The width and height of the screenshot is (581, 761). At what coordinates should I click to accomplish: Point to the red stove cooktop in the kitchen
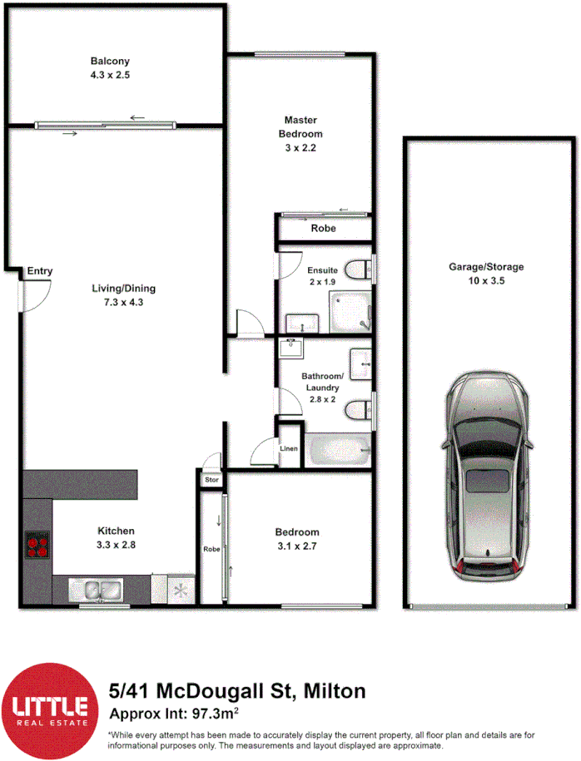coord(37,544)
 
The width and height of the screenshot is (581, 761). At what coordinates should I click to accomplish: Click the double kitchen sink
coord(97,589)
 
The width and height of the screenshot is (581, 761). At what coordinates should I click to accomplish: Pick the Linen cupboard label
coord(289,449)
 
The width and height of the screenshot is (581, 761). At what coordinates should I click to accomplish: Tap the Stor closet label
coord(211,480)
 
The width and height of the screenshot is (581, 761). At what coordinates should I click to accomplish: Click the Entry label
coord(39,271)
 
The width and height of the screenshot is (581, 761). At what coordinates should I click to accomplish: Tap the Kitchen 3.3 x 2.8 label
coord(117,537)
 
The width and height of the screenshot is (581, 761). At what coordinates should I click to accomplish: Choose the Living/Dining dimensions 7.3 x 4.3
coord(123,302)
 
